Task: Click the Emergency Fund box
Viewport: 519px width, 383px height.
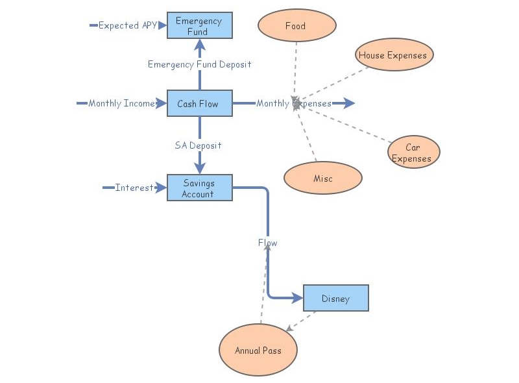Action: pos(199,26)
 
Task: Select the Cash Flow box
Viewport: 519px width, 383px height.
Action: pos(199,103)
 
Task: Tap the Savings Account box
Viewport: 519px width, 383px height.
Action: pos(199,188)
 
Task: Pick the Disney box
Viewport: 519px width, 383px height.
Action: pos(335,299)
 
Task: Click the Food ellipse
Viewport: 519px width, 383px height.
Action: pos(296,26)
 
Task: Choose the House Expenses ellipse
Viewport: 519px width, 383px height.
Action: pos(394,55)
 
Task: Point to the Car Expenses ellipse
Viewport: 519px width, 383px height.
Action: pos(413,153)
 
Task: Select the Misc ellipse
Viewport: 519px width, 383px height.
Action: pos(322,178)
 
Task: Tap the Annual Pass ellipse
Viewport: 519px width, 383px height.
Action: pos(258,350)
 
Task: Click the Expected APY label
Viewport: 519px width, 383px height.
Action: pos(127,26)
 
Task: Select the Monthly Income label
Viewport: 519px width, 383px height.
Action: pos(122,103)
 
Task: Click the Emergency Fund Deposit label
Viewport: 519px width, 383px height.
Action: pos(199,64)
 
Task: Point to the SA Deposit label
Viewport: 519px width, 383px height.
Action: pos(198,145)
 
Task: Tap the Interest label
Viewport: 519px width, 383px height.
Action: pos(134,188)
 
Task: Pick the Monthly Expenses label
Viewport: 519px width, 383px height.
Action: pos(293,103)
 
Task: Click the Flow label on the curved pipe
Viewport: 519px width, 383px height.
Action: pos(267,243)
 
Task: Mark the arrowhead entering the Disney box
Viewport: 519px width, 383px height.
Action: pos(298,299)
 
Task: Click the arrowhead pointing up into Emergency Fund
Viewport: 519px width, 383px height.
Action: pos(200,44)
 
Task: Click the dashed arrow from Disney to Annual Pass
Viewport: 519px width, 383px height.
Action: pos(302,321)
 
